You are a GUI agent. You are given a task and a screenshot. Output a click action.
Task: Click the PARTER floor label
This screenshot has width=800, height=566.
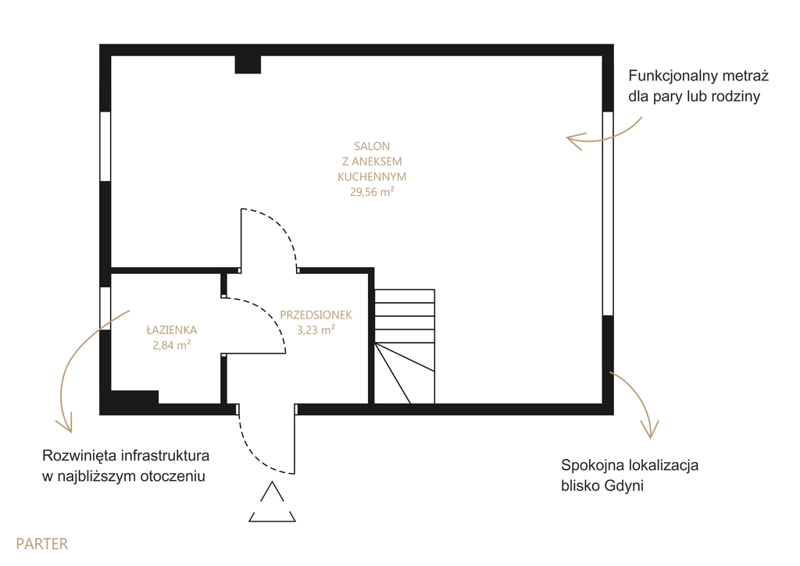pyautogui.click(x=42, y=543)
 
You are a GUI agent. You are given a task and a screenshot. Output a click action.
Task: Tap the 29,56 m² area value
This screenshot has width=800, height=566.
pyautogui.click(x=372, y=192)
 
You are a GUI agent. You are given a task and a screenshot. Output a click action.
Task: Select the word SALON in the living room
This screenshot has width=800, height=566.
pyautogui.click(x=372, y=146)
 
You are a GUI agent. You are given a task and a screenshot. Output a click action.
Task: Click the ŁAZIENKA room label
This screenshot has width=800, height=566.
pyautogui.click(x=171, y=329)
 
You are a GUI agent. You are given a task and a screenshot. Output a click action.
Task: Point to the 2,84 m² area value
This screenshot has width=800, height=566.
pyautogui.click(x=171, y=345)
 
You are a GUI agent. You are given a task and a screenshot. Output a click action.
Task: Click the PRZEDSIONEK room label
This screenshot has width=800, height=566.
pyautogui.click(x=316, y=315)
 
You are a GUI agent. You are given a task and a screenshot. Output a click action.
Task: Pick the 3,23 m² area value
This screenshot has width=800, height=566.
pyautogui.click(x=316, y=330)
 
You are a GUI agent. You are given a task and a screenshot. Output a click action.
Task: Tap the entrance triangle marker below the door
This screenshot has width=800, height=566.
pyautogui.click(x=273, y=502)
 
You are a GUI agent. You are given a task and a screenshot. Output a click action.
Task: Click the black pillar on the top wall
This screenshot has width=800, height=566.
pyautogui.click(x=248, y=64)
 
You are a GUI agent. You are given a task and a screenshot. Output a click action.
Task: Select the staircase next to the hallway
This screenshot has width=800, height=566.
pyautogui.click(x=405, y=347)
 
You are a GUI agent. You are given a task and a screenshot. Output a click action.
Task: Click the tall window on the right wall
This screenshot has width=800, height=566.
pyautogui.click(x=608, y=213)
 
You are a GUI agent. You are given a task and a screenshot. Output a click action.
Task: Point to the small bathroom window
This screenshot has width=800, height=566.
pyautogui.click(x=105, y=308)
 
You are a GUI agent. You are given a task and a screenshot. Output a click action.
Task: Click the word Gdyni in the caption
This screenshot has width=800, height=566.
pyautogui.click(x=624, y=486)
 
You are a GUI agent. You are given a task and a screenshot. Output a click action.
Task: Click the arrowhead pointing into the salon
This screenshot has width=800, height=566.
pyautogui.click(x=574, y=141)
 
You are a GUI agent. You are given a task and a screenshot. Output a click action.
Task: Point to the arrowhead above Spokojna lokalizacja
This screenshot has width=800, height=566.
pyautogui.click(x=651, y=429)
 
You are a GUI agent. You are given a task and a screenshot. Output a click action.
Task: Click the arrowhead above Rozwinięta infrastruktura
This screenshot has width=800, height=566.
pyautogui.click(x=65, y=423)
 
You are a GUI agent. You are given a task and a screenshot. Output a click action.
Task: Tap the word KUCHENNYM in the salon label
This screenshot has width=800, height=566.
pyautogui.click(x=372, y=177)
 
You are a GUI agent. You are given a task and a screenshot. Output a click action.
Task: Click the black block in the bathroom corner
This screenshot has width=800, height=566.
pyautogui.click(x=134, y=397)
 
